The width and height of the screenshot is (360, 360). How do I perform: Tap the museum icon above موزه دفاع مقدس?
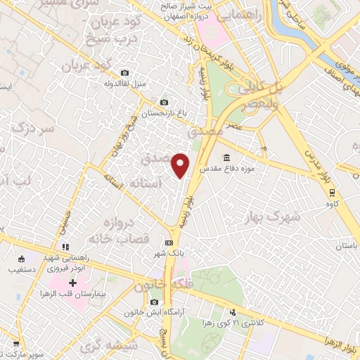(x=226, y=157)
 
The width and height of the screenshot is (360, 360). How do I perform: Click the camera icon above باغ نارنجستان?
(x=165, y=102)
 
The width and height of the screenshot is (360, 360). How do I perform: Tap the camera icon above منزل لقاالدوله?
(x=124, y=72)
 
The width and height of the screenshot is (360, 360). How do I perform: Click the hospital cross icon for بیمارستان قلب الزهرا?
(x=72, y=282)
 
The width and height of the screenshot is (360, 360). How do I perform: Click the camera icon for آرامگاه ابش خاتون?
(x=154, y=302)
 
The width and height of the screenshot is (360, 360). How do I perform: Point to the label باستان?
(x=346, y=246)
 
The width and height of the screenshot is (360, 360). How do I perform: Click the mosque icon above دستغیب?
(x=22, y=257)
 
